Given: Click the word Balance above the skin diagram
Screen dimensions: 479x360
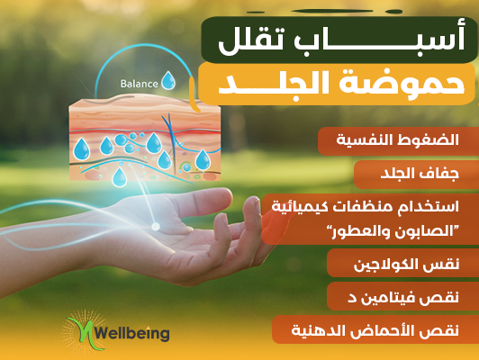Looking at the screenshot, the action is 139,84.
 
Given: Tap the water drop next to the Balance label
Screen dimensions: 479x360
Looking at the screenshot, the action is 168,81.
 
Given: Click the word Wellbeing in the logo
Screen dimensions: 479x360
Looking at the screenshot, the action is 131,333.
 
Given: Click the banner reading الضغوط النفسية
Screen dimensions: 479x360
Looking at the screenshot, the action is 398,141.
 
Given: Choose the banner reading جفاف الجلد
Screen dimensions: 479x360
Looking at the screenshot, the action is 416,175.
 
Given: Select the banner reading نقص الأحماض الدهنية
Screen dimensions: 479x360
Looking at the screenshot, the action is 375,329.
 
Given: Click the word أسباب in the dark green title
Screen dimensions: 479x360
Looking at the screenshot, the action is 379,40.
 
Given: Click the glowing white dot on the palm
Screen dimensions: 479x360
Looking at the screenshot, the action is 156,226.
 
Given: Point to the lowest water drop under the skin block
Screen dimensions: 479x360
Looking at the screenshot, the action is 120,177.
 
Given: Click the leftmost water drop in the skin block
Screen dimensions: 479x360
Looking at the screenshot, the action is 82,149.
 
